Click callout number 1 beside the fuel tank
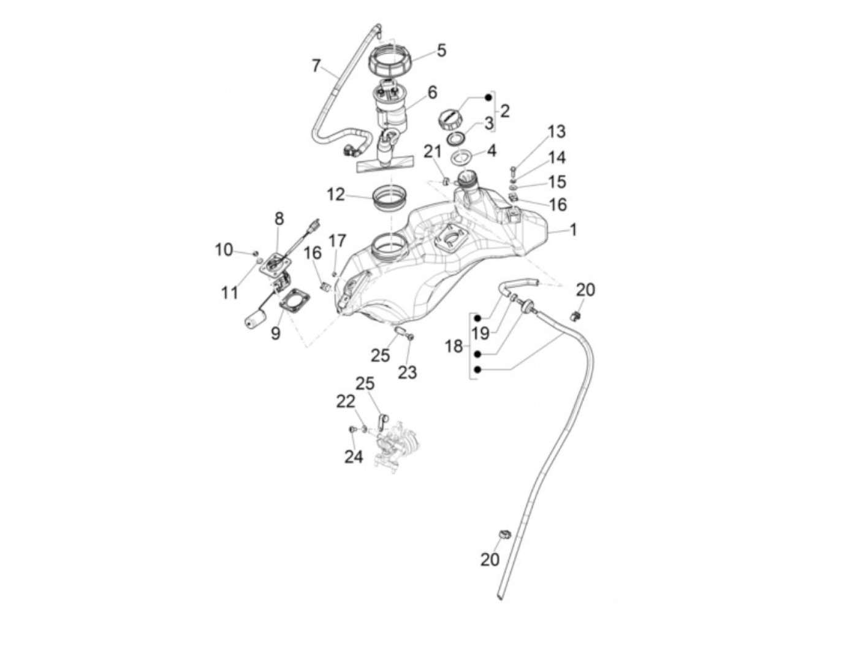click(573, 231)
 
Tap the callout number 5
click(441, 50)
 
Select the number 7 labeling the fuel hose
click(316, 65)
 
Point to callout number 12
click(336, 195)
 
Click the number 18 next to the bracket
click(454, 346)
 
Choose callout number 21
click(433, 152)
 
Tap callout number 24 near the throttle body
click(354, 456)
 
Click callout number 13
click(556, 132)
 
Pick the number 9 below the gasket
click(276, 333)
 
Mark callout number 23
click(407, 372)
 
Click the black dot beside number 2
click(489, 97)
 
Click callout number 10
click(224, 250)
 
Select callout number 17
click(337, 241)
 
